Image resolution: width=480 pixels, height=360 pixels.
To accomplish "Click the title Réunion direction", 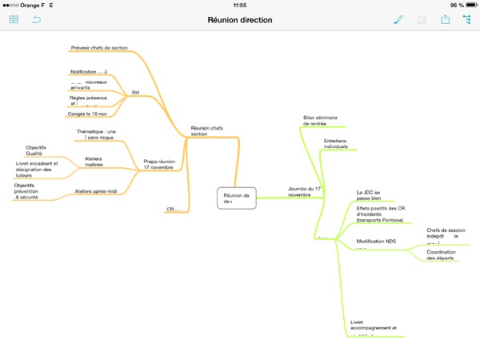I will [x=239, y=19].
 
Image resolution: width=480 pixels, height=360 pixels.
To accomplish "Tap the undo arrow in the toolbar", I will [x=36, y=19].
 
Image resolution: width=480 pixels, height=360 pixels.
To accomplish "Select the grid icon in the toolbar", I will [x=14, y=19].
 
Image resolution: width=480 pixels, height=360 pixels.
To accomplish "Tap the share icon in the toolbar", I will [x=445, y=19].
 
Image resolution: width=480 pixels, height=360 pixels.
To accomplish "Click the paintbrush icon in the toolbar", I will [x=398, y=19].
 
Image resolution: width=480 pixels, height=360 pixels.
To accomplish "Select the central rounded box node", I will [x=237, y=198].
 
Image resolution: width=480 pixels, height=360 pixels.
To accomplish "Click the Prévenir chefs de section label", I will [x=98, y=49].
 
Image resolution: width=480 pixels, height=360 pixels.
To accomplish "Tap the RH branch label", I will [x=135, y=93].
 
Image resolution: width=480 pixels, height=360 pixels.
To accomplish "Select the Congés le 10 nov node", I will [x=87, y=114].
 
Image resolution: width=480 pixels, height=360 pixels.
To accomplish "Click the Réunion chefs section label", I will [x=207, y=130].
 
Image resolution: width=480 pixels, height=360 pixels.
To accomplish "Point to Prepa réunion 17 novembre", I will [x=159, y=164].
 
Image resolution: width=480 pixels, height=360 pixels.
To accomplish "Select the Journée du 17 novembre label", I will [x=304, y=192].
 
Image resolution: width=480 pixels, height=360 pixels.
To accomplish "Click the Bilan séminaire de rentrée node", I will [x=321, y=120].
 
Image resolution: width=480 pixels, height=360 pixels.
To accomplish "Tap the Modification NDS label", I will [x=376, y=241].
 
